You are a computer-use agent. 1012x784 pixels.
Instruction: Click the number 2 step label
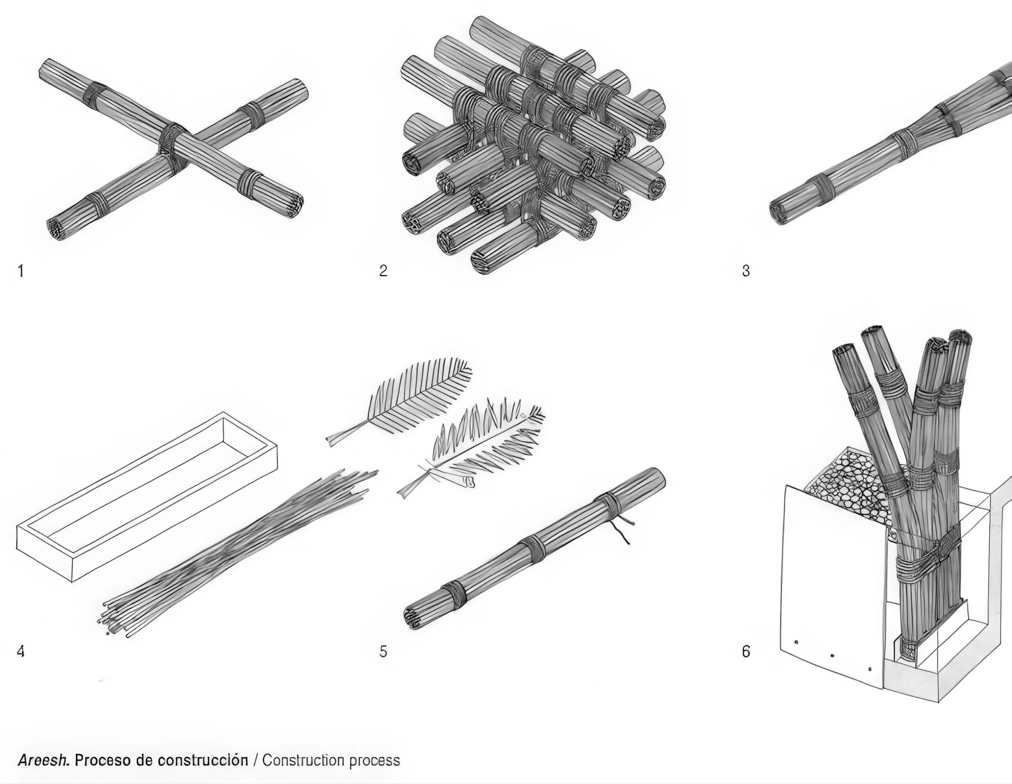383,270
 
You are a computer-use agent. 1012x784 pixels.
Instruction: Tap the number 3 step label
746,270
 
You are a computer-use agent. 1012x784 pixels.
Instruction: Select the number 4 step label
21,652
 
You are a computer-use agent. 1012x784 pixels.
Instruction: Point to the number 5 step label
383,652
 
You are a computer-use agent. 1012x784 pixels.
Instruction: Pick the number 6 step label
746,652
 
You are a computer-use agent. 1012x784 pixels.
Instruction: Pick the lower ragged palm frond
477,450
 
